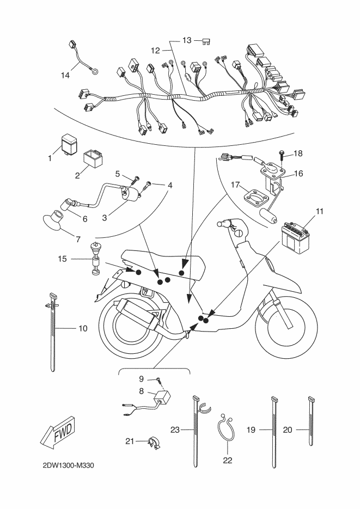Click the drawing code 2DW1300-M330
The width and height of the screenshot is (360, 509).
coord(71,466)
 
